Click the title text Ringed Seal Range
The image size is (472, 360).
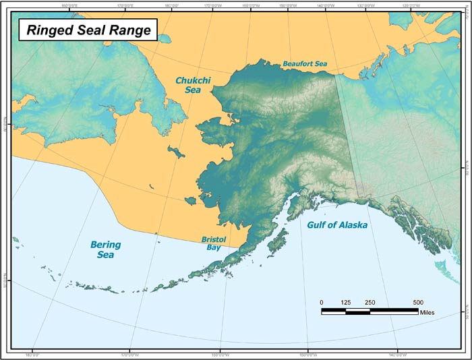pyautogui.click(x=88, y=30)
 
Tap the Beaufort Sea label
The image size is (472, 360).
pyautogui.click(x=305, y=64)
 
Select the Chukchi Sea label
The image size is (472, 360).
pyautogui.click(x=188, y=84)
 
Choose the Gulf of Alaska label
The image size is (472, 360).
pyautogui.click(x=337, y=225)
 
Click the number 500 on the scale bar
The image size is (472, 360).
pyautogui.click(x=417, y=302)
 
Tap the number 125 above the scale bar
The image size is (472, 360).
pyautogui.click(x=346, y=302)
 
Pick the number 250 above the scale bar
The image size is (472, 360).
pyautogui.click(x=370, y=302)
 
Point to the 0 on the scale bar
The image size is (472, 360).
pyautogui.click(x=322, y=302)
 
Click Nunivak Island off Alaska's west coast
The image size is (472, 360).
pyautogui.click(x=191, y=200)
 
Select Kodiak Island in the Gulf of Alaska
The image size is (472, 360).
pyautogui.click(x=277, y=243)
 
